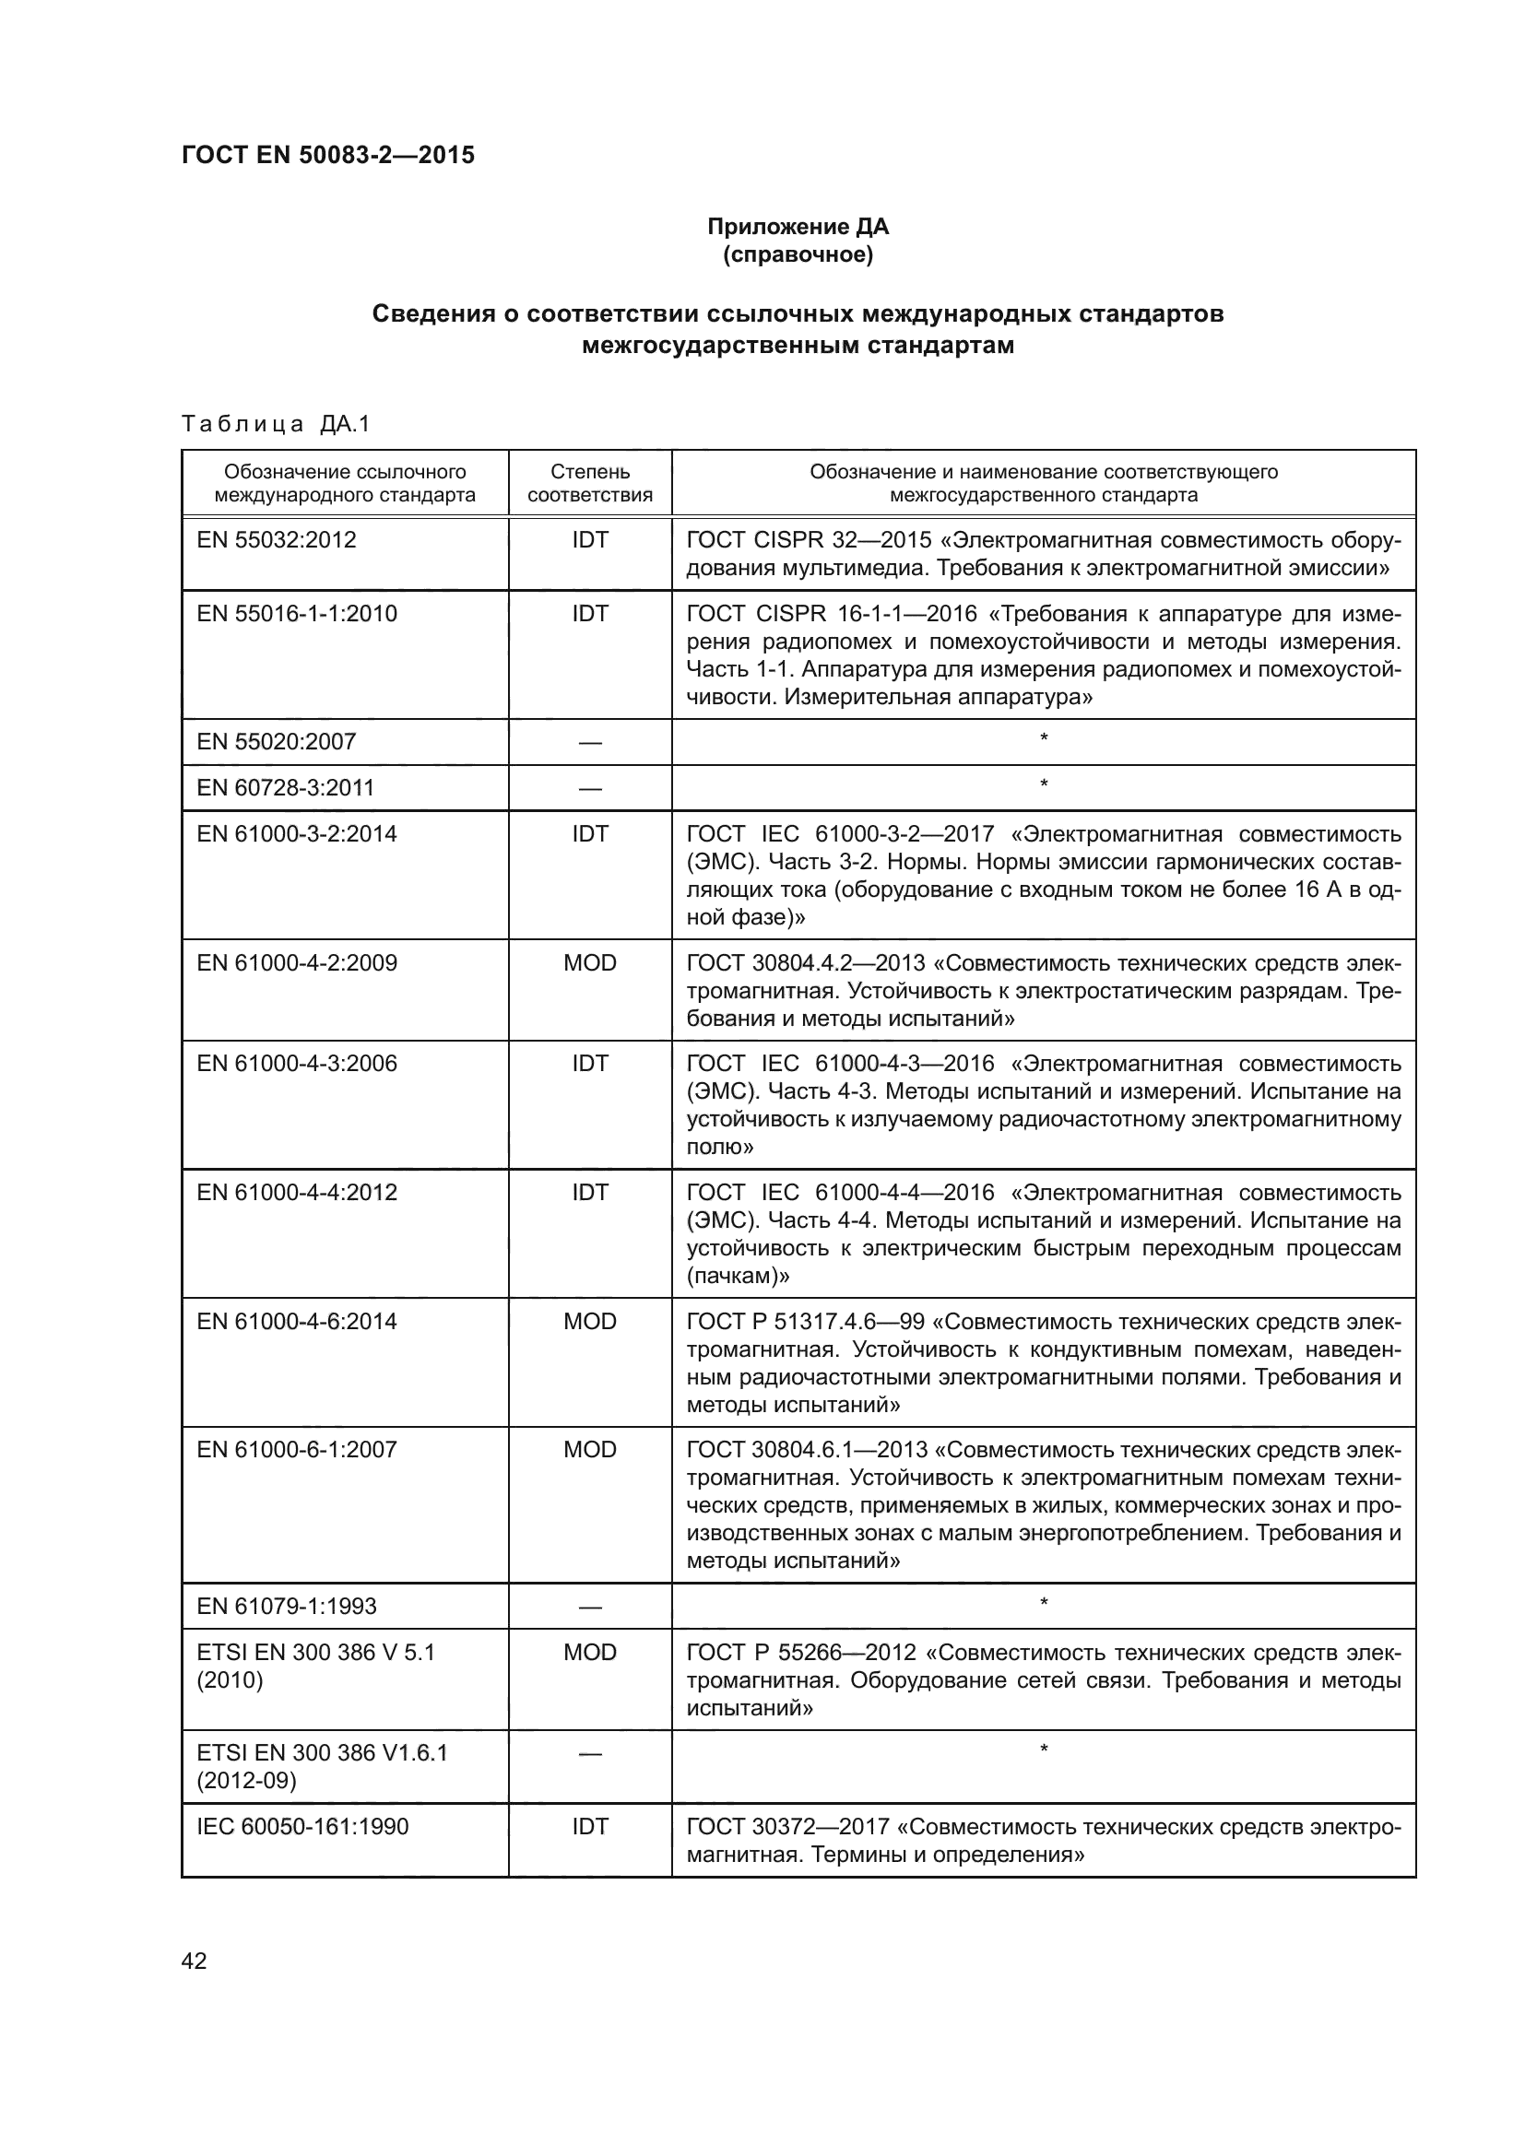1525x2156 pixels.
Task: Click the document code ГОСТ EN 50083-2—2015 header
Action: point(327,155)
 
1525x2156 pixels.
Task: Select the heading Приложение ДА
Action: point(798,227)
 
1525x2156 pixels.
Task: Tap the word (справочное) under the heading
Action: point(798,254)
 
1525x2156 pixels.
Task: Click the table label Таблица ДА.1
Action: point(276,424)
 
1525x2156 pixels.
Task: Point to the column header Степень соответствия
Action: point(590,483)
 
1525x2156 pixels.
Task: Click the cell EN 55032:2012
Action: point(276,540)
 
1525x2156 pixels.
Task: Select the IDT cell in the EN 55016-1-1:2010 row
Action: point(590,613)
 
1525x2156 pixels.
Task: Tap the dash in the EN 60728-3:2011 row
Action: point(590,788)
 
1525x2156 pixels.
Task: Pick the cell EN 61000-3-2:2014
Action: point(297,834)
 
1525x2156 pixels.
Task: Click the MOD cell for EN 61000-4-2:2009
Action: point(590,962)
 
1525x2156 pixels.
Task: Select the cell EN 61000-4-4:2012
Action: point(297,1193)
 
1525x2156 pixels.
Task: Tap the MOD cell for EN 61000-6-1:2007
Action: point(590,1450)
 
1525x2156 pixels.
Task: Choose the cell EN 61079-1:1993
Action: point(287,1606)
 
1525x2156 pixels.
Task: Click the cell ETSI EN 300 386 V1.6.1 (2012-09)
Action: point(322,1765)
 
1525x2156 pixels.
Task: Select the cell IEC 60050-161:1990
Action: point(302,1827)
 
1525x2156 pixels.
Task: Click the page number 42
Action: point(195,1961)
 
